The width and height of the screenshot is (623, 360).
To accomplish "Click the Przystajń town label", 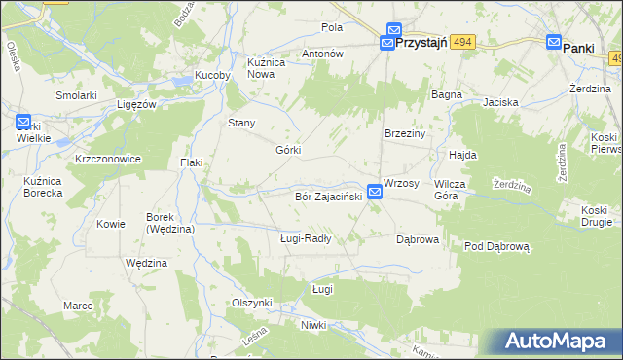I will click(428, 44).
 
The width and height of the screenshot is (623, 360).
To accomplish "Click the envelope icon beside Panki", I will click(554, 43).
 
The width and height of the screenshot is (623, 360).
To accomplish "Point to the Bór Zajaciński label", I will click(328, 197).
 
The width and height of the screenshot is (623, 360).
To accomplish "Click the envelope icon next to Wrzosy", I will click(375, 193).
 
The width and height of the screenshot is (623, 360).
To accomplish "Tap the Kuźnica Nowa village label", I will click(265, 67).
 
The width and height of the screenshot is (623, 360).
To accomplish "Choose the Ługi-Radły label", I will click(306, 238).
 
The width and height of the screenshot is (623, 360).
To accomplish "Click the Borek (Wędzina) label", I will click(170, 223).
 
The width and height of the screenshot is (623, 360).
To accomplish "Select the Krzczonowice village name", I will click(108, 159).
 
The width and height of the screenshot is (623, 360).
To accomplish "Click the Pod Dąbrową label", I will click(495, 247).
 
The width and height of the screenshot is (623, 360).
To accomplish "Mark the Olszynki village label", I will click(251, 303).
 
